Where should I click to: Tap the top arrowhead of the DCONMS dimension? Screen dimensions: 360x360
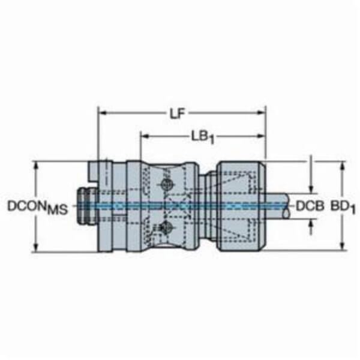point(38,164)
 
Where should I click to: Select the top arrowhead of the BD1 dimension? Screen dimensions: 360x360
point(343,164)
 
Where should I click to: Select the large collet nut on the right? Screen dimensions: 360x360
point(240,204)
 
